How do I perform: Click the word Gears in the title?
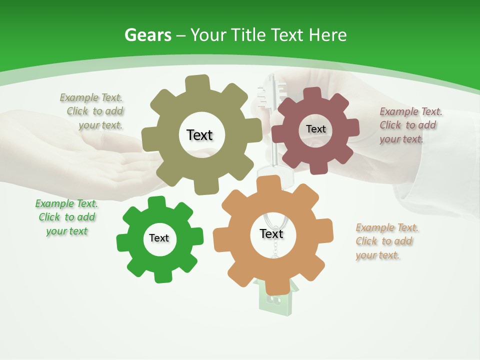point(147,35)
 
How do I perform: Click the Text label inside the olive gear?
point(199,135)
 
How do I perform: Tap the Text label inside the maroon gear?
point(315,129)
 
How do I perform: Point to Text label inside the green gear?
point(159,238)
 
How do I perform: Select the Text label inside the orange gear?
point(271,233)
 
